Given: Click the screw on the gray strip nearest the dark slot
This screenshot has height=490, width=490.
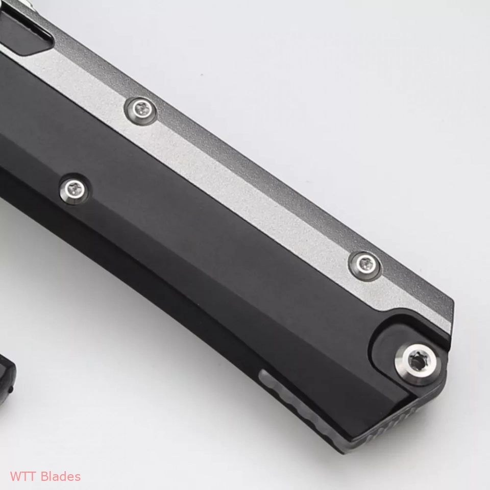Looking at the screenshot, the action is point(141,111).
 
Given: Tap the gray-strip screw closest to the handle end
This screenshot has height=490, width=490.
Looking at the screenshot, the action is point(365,266).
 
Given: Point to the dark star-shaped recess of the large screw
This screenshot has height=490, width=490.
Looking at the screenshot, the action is point(418,362).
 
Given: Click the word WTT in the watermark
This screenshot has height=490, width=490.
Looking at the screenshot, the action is point(24,477).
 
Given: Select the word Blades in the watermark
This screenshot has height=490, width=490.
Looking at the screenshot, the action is point(61,477).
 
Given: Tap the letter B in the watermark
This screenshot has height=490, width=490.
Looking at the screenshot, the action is point(45,477).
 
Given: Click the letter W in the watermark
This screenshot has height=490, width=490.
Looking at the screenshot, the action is point(15,477).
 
